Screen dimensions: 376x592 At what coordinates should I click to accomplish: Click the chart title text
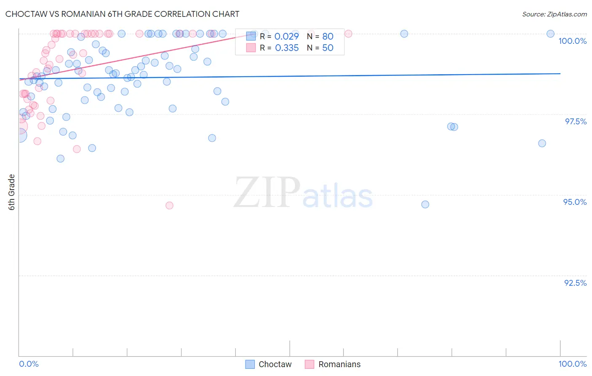pyautogui.click(x=122, y=14)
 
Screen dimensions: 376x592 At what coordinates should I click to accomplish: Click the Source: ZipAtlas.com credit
pyautogui.click(x=554, y=14)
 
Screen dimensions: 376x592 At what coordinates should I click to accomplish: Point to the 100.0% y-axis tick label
pyautogui.click(x=572, y=41)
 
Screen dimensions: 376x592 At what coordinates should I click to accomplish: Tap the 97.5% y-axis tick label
pyautogui.click(x=575, y=121)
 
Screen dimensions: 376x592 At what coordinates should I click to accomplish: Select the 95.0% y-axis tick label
pyautogui.click(x=575, y=202)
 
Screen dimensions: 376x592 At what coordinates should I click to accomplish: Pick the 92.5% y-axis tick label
pyautogui.click(x=575, y=283)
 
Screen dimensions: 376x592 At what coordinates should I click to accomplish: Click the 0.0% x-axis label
pyautogui.click(x=29, y=364)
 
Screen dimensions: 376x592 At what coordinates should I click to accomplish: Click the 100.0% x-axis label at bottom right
pyautogui.click(x=572, y=364)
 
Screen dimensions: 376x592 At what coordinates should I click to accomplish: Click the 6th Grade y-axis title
pyautogui.click(x=12, y=192)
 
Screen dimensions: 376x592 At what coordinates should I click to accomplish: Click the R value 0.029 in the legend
pyautogui.click(x=286, y=36)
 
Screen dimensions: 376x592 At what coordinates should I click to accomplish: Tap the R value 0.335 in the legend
pyautogui.click(x=286, y=48)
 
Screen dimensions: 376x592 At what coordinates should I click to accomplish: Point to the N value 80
pyautogui.click(x=328, y=36)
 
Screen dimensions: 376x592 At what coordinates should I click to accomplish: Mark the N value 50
pyautogui.click(x=328, y=48)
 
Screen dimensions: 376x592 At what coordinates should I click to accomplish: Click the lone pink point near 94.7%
pyautogui.click(x=169, y=205)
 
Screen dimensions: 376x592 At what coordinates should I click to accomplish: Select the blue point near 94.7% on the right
pyautogui.click(x=425, y=204)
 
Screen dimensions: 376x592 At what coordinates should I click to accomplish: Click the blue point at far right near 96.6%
pyautogui.click(x=542, y=143)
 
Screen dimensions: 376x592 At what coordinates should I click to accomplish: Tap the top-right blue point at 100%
pyautogui.click(x=550, y=34)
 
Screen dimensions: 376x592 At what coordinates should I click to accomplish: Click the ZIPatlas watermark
pyautogui.click(x=303, y=193)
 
